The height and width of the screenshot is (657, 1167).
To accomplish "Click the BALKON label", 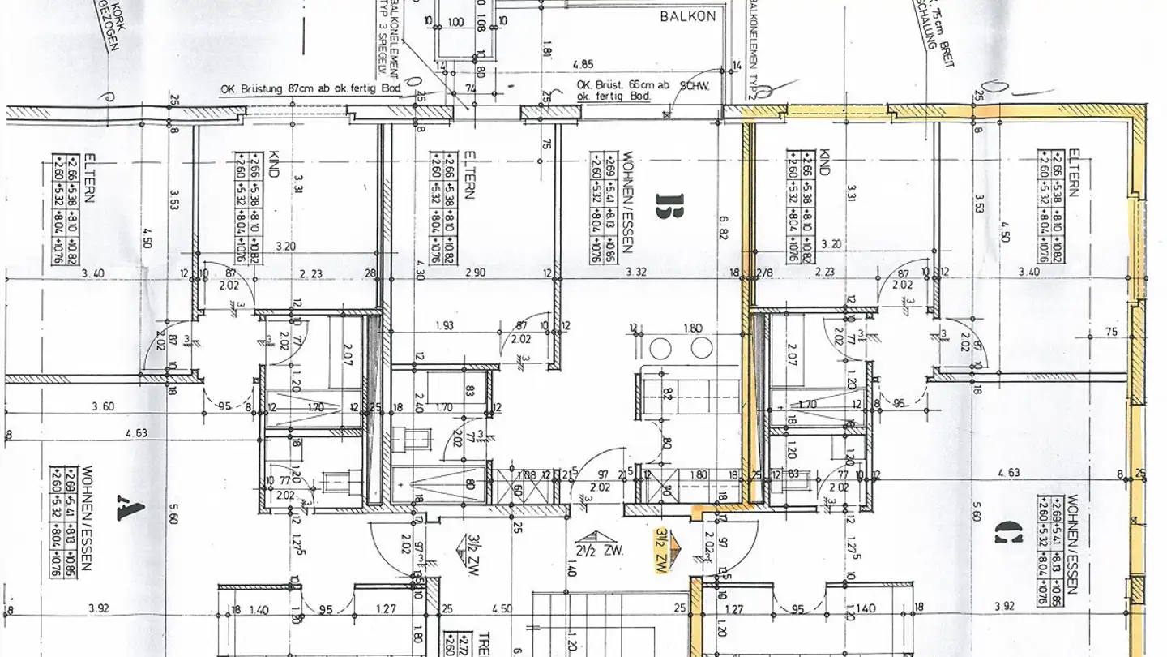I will (x=687, y=15).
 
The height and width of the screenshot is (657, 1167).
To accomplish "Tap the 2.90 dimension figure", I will (x=476, y=273).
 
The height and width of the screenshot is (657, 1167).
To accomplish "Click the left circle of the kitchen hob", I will (x=663, y=349).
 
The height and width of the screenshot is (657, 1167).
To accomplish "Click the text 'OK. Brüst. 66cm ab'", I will (x=613, y=85).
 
